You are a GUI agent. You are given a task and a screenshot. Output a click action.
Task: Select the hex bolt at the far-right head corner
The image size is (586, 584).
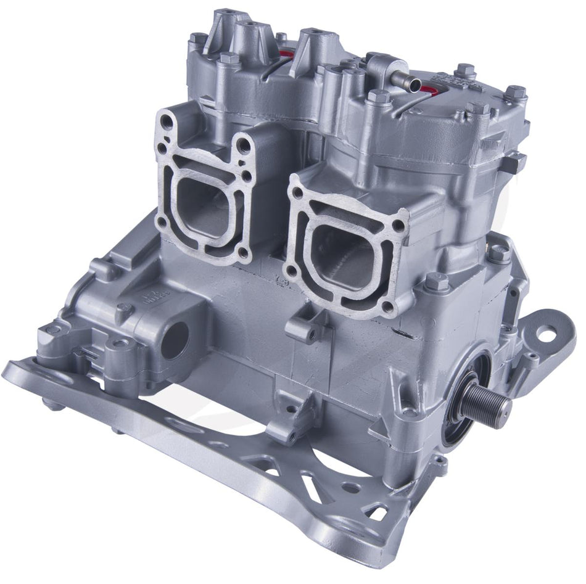(x=515, y=93)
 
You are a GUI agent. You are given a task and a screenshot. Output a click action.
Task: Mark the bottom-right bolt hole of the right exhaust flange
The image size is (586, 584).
(x=388, y=305)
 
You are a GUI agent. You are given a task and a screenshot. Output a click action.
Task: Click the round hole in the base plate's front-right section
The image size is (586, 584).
(x=351, y=487)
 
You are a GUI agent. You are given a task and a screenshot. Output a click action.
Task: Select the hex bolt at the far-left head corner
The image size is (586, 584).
(x=199, y=38)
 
